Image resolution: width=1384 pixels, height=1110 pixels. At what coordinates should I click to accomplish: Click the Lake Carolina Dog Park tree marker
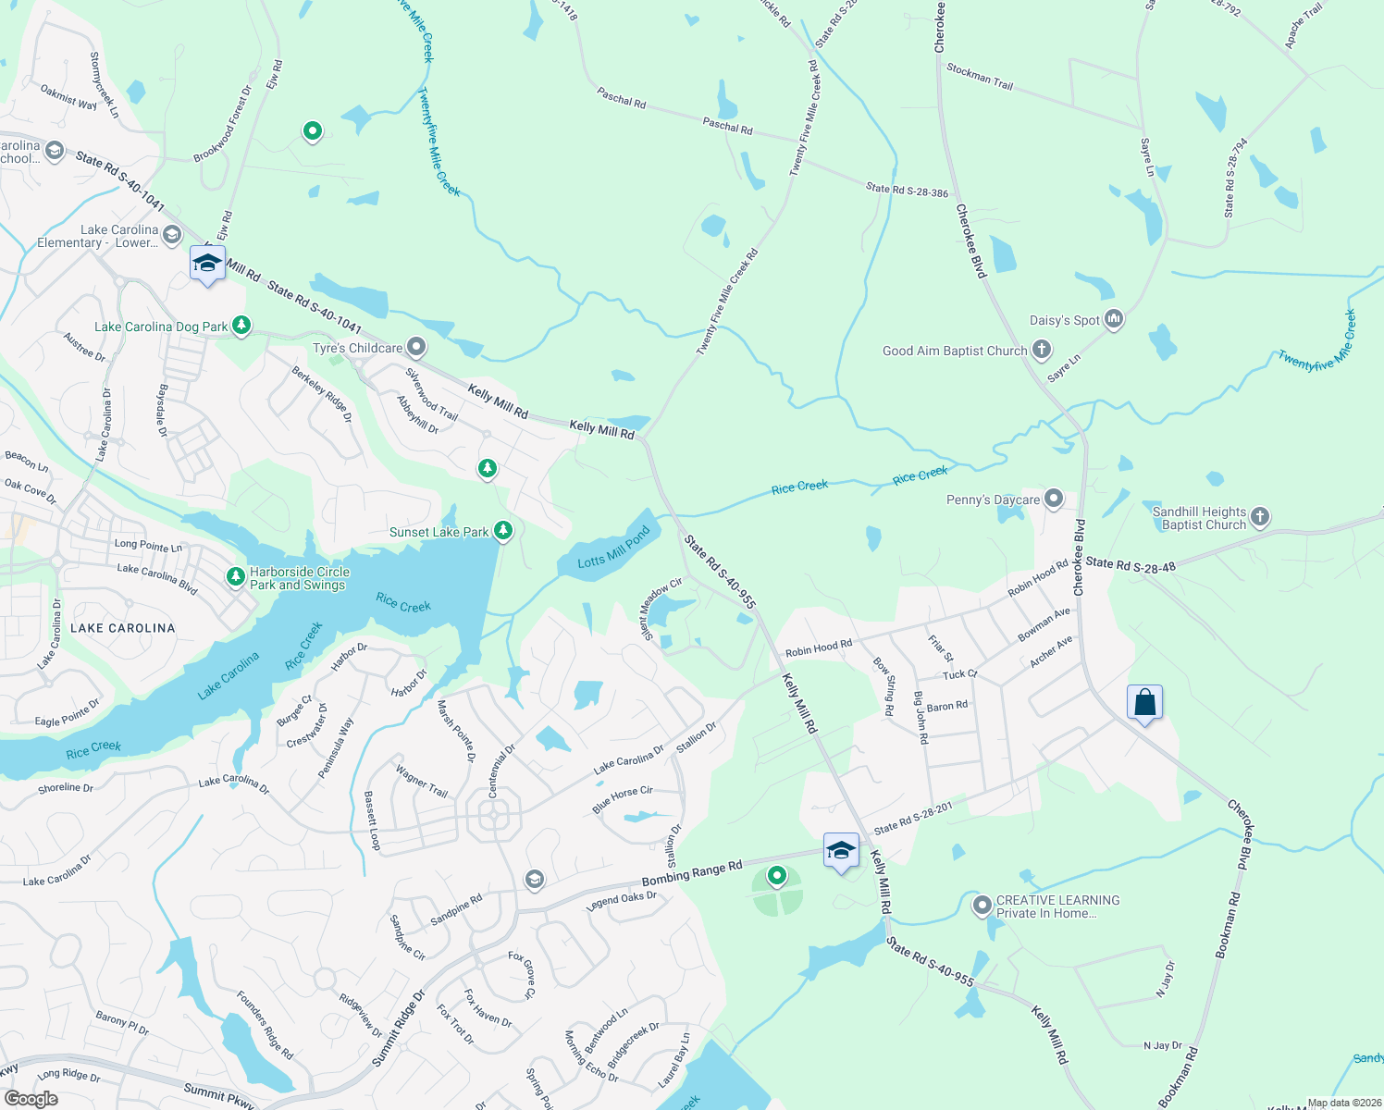(241, 325)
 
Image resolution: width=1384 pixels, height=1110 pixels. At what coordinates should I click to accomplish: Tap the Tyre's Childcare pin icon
(416, 348)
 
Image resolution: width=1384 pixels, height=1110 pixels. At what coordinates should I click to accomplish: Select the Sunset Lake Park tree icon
(503, 531)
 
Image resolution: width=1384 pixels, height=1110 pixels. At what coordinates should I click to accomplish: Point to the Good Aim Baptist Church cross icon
(1042, 350)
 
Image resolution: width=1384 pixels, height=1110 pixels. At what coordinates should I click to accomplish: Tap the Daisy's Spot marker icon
(1114, 319)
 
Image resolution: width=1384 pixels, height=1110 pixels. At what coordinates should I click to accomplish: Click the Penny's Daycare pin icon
(1054, 499)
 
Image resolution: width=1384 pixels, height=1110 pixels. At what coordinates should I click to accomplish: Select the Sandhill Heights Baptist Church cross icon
(1260, 517)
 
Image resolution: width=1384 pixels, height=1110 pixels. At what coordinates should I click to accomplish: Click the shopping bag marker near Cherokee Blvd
(1144, 703)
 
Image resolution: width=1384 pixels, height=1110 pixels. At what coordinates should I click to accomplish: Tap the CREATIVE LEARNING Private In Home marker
(982, 906)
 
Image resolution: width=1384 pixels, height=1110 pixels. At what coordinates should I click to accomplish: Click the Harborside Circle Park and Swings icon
(236, 577)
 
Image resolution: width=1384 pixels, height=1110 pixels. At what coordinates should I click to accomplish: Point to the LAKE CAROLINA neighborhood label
(123, 628)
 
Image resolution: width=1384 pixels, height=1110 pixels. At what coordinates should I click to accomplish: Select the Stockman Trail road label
(980, 76)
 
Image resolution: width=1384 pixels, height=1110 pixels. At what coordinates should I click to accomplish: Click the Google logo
(31, 1099)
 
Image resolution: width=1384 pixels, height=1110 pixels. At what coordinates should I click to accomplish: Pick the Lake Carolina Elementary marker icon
(171, 236)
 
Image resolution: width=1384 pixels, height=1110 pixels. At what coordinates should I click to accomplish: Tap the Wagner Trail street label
(422, 782)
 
